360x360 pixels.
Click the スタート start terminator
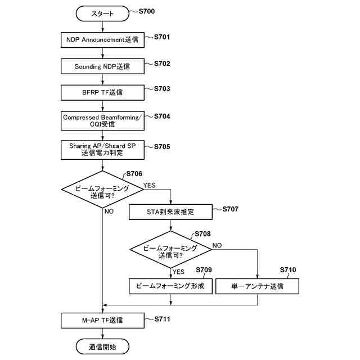(x=102, y=13)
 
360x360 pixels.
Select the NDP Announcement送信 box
(x=102, y=40)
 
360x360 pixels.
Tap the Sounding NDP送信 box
(x=102, y=66)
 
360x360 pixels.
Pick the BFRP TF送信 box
(x=102, y=92)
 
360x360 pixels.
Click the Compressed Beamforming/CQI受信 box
(x=102, y=121)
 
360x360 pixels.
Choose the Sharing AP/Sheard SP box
(x=102, y=150)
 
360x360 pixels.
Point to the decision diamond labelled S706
(x=102, y=190)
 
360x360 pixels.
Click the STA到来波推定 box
(x=170, y=212)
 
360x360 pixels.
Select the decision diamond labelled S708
(x=170, y=249)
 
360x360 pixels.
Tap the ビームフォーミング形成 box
(x=170, y=286)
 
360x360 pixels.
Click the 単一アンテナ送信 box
(x=258, y=286)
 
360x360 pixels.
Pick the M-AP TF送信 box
(x=102, y=321)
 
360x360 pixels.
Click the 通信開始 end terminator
(x=102, y=346)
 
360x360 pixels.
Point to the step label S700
(x=147, y=11)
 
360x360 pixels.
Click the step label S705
(x=162, y=147)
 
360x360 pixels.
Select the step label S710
(x=288, y=270)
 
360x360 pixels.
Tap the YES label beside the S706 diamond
(x=149, y=185)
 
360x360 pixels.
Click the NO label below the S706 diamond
(x=109, y=211)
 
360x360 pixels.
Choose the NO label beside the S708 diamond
(x=217, y=245)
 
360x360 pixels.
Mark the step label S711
(x=163, y=319)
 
